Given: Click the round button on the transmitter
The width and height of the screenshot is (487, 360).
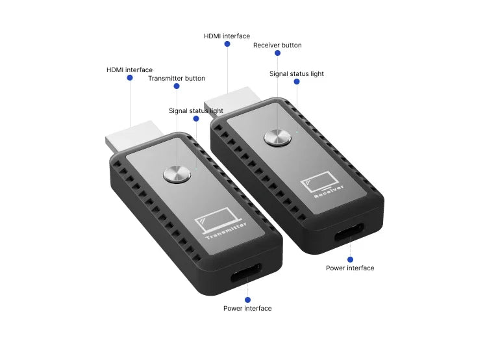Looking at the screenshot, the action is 177,174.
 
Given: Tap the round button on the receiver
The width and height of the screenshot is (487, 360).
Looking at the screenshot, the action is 277,137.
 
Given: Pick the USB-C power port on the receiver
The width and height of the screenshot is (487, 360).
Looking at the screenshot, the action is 349,231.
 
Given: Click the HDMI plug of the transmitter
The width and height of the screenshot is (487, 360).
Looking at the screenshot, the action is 134,137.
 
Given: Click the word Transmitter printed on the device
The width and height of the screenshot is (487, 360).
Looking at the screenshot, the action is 227,231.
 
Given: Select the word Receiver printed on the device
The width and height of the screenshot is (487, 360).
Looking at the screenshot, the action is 329,192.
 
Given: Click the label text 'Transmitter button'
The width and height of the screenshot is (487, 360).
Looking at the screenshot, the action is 177,79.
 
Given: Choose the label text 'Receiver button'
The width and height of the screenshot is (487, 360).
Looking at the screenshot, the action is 277,45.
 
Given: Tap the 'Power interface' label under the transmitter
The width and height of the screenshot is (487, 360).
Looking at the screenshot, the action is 247,309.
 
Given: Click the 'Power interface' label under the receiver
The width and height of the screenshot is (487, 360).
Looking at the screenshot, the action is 350,268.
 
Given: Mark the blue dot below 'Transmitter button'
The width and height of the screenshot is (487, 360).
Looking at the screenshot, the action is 177,86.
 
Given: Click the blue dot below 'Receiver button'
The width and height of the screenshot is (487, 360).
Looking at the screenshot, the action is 278,53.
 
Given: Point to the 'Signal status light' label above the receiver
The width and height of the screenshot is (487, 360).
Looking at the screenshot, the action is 297,74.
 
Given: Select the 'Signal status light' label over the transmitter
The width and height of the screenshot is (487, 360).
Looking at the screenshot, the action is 196,111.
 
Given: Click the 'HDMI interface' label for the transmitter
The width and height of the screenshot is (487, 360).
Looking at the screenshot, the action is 129,70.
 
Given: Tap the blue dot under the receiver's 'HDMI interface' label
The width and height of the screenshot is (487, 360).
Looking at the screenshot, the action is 227,44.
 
